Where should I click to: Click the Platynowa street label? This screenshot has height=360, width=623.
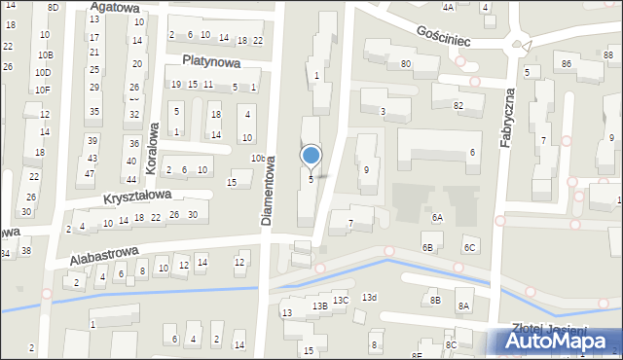click(210, 60)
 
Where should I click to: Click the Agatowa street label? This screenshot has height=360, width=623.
click(115, 7)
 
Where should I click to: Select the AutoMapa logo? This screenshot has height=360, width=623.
click(558, 342)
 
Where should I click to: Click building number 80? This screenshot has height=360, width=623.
click(405, 64)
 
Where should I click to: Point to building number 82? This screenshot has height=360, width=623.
click(458, 105)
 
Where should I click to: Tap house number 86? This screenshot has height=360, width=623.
click(566, 64)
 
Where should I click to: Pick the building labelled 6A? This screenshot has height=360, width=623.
click(437, 218)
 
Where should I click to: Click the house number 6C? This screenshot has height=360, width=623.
click(470, 248)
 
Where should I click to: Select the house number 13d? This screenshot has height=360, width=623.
click(369, 297)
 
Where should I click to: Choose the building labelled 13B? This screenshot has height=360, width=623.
click(319, 306)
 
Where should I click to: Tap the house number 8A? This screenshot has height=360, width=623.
click(464, 306)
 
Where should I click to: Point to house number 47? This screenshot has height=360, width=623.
click(90, 174)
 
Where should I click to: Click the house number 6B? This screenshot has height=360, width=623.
click(426, 248)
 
